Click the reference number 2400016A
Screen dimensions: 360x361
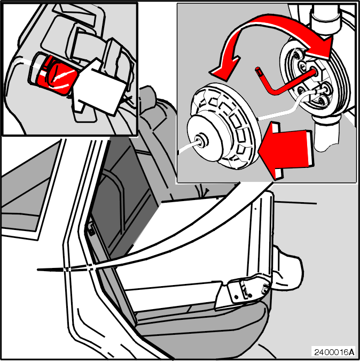(334, 352)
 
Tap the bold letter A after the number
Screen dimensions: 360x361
(352, 352)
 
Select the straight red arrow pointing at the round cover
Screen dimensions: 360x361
(286, 150)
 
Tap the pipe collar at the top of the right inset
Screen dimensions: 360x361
(325, 22)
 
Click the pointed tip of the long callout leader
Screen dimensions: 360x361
(38, 270)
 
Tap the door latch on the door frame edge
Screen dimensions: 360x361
(91, 228)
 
